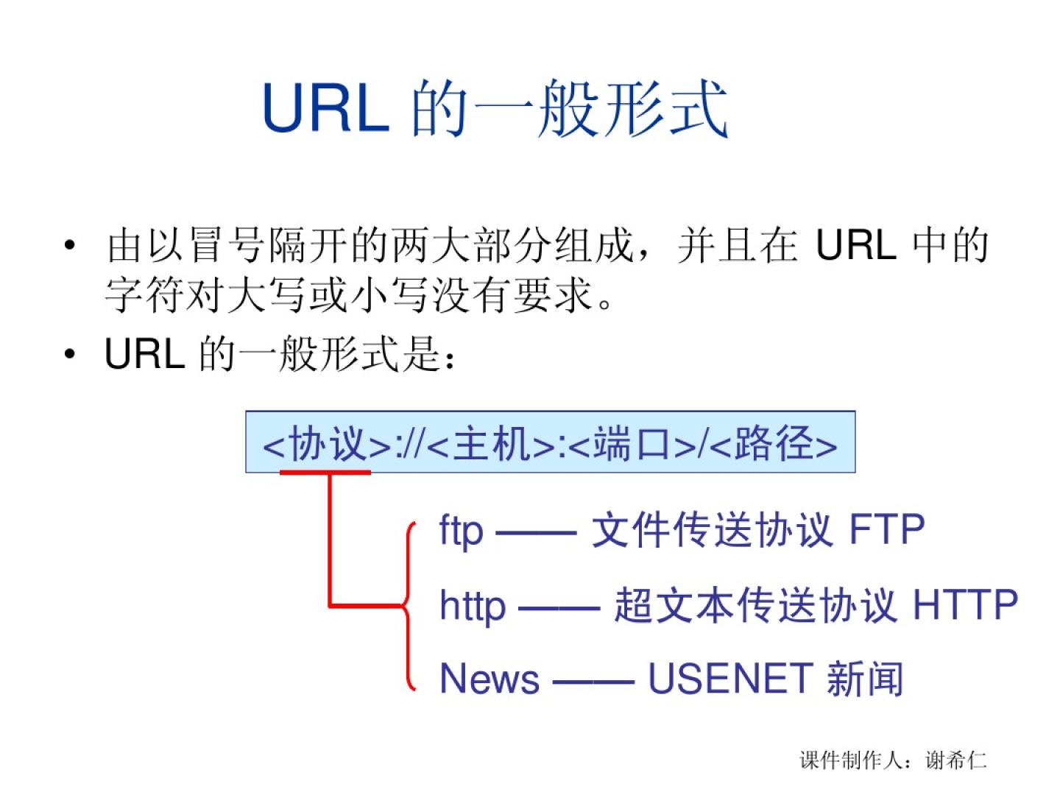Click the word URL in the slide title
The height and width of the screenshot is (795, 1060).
pyautogui.click(x=326, y=108)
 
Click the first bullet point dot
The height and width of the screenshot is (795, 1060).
pyautogui.click(x=69, y=244)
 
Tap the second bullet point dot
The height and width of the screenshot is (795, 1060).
pyautogui.click(x=69, y=355)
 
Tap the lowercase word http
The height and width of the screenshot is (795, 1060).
pyautogui.click(x=473, y=607)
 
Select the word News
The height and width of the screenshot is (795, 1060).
pyautogui.click(x=490, y=679)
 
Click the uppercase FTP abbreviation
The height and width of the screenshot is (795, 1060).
pyautogui.click(x=887, y=530)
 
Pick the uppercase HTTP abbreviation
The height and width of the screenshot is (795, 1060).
pyautogui.click(x=965, y=605)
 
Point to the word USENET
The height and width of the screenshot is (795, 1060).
pyautogui.click(x=729, y=679)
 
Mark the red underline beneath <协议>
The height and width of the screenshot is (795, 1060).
pyautogui.click(x=325, y=472)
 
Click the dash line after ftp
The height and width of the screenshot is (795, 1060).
pyautogui.click(x=537, y=531)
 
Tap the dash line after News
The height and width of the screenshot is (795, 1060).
pyautogui.click(x=593, y=681)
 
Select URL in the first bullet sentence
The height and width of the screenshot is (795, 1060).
pyautogui.click(x=856, y=245)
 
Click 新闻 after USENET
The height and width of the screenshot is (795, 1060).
pyautogui.click(x=865, y=679)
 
